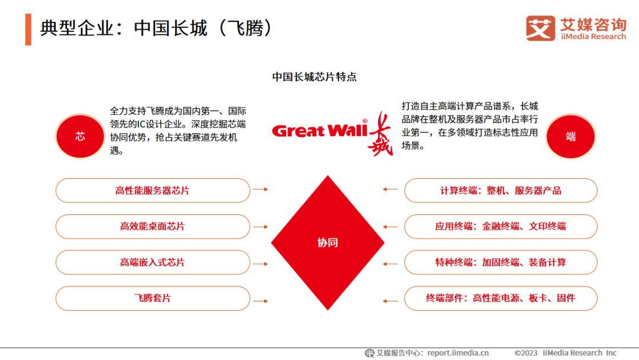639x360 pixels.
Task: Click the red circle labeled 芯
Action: pyautogui.click(x=80, y=136)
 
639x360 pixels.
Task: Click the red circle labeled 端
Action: pyautogui.click(x=570, y=136)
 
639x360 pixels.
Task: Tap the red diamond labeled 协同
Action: pyautogui.click(x=328, y=243)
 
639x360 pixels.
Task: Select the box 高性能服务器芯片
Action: pyautogui.click(x=153, y=191)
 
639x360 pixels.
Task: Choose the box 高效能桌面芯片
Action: pyautogui.click(x=153, y=226)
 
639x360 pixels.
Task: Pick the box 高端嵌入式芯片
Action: pyautogui.click(x=153, y=262)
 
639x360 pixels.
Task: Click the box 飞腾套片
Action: pyautogui.click(x=153, y=298)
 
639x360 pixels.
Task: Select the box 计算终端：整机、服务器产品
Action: pyautogui.click(x=501, y=191)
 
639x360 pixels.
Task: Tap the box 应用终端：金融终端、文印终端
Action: pyautogui.click(x=501, y=226)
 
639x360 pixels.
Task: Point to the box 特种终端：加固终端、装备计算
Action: pyautogui.click(x=501, y=262)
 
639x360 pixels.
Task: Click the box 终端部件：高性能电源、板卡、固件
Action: pyautogui.click(x=501, y=298)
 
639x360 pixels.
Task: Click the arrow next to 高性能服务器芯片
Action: pyautogui.click(x=260, y=189)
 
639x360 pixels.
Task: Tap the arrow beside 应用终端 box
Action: pyautogui.click(x=390, y=226)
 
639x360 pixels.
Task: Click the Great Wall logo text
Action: pyautogui.click(x=319, y=130)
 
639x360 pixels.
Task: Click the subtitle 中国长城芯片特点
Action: pyautogui.click(x=314, y=77)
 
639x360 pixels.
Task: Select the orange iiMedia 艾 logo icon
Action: pyautogui.click(x=540, y=28)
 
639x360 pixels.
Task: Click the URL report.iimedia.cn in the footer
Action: pyautogui.click(x=458, y=353)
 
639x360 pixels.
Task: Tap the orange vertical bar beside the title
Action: pyautogui.click(x=28, y=29)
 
